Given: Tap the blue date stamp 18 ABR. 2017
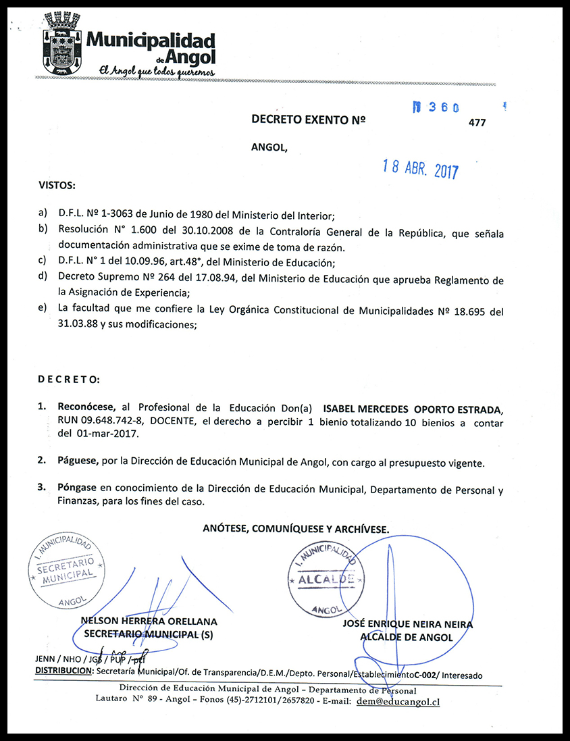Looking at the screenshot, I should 420,168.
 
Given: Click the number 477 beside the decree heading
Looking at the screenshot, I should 477,122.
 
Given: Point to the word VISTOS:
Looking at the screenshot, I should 57,184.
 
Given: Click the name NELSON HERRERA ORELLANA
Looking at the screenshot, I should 149,621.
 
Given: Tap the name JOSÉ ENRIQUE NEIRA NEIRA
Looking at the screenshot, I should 407,625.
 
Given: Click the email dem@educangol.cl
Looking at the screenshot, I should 398,702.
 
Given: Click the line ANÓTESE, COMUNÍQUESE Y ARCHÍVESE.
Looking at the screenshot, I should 296,530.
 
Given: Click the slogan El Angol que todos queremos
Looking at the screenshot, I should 157,70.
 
